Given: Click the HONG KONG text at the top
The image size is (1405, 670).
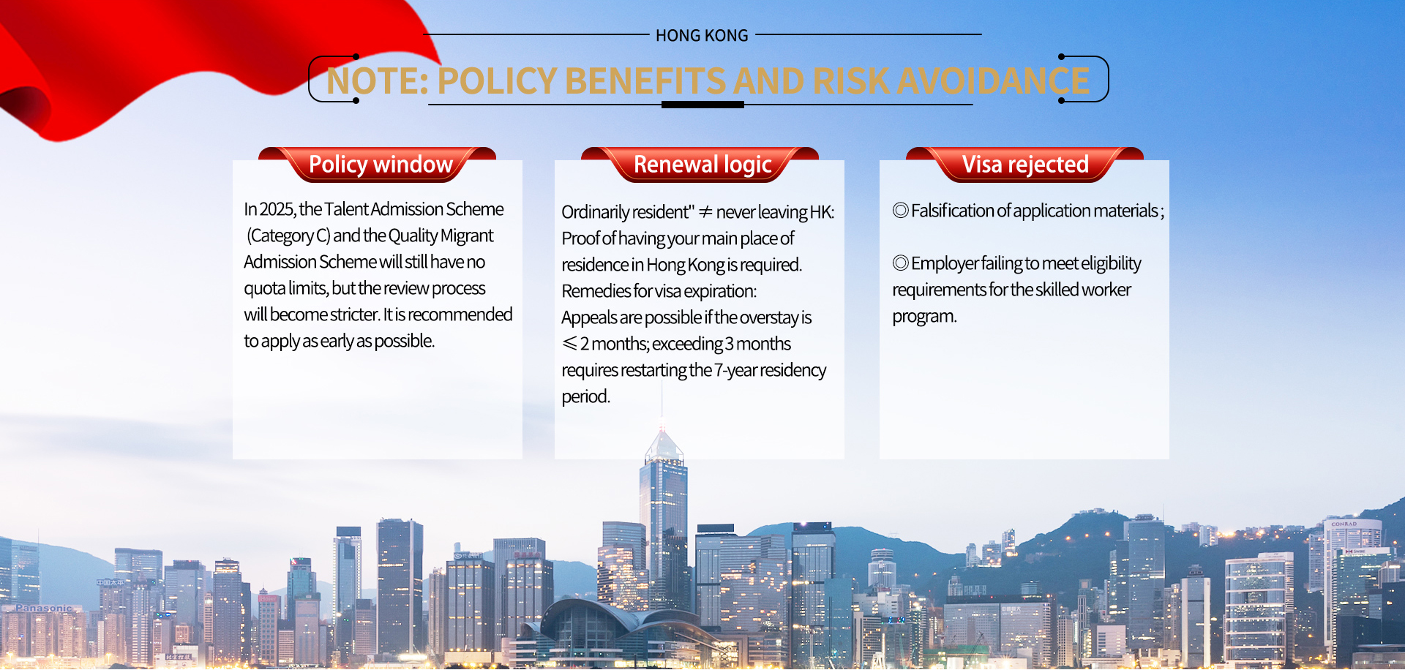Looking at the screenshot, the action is click(x=702, y=35).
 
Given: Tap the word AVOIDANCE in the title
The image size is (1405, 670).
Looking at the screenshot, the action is click(x=993, y=80).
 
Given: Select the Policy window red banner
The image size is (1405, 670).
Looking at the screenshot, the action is click(x=378, y=165).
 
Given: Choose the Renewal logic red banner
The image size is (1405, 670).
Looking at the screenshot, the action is click(x=700, y=165).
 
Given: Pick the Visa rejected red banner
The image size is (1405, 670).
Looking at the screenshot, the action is click(x=1024, y=165).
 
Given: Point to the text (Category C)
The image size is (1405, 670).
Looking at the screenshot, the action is click(x=288, y=236).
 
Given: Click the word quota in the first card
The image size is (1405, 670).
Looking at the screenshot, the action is click(x=265, y=289).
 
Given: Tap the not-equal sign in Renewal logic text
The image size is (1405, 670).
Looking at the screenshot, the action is click(x=705, y=212).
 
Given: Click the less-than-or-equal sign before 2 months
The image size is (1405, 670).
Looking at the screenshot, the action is click(x=570, y=343).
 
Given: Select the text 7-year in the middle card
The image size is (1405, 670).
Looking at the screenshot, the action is click(x=736, y=371).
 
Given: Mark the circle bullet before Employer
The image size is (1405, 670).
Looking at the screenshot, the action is click(x=901, y=263).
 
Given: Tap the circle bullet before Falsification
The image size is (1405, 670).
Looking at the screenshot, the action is click(x=901, y=210).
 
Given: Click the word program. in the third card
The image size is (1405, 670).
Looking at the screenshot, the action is click(x=925, y=317).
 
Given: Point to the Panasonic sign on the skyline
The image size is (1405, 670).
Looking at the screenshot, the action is click(x=45, y=608).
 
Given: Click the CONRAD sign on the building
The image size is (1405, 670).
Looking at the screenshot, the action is click(x=1344, y=524).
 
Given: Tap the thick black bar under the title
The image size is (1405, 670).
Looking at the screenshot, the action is click(x=702, y=105).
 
